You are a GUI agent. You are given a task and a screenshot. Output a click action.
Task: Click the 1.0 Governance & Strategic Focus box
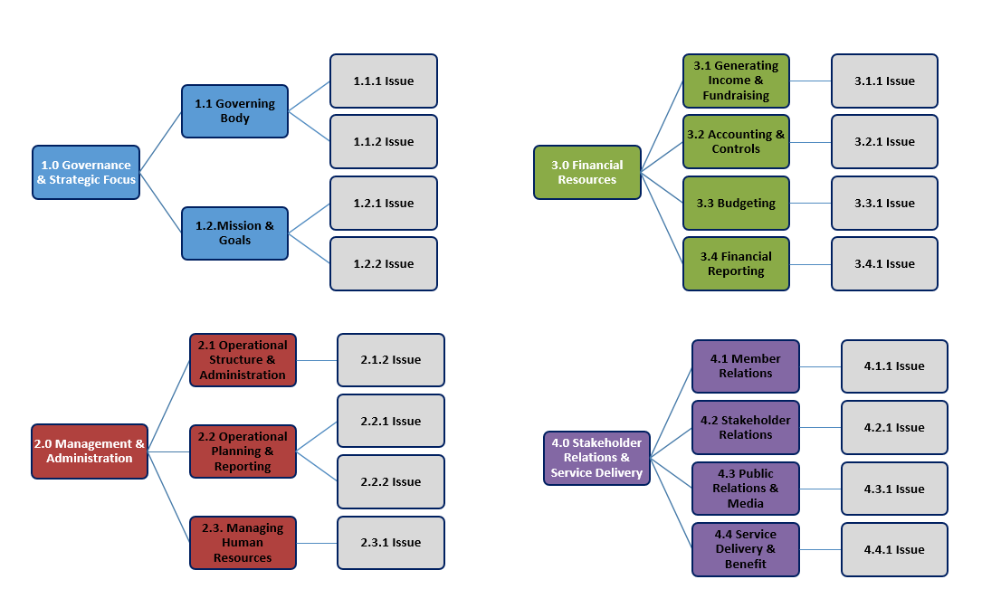pyautogui.click(x=86, y=172)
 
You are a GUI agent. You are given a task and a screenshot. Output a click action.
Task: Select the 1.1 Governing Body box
pyautogui.click(x=234, y=111)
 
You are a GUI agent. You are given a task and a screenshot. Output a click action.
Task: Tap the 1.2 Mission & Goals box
pyautogui.click(x=234, y=233)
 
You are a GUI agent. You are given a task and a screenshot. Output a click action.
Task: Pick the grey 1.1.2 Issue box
pyautogui.click(x=383, y=141)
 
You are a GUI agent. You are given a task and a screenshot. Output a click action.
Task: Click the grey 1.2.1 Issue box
pyautogui.click(x=383, y=203)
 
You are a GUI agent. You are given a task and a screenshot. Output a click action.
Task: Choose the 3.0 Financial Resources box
pyautogui.click(x=586, y=172)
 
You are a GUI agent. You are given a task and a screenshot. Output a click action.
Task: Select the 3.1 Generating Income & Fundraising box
pyautogui.click(x=736, y=81)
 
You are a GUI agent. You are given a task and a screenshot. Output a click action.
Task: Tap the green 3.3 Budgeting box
pyautogui.click(x=736, y=203)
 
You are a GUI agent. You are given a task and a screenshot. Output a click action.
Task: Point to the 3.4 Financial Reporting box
pyautogui.click(x=736, y=263)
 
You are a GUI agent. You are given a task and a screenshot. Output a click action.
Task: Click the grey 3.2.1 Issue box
pyautogui.click(x=884, y=141)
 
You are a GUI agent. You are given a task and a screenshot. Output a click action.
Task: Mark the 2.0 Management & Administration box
pyautogui.click(x=90, y=451)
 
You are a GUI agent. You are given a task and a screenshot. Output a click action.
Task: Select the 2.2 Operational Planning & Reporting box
pyautogui.click(x=243, y=451)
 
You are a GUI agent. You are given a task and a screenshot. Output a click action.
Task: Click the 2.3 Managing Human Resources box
pyautogui.click(x=243, y=542)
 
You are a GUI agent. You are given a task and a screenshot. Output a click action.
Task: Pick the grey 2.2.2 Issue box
pyautogui.click(x=390, y=481)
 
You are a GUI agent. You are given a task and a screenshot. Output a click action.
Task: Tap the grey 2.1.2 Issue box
pyautogui.click(x=390, y=359)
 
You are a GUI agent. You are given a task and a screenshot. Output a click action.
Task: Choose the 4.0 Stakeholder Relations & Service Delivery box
pyautogui.click(x=596, y=458)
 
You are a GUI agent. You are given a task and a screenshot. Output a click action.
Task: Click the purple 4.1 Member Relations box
pyautogui.click(x=746, y=366)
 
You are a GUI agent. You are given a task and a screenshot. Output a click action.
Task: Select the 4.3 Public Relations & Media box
pyautogui.click(x=746, y=489)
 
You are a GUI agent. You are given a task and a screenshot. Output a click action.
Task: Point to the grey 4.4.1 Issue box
pyautogui.click(x=894, y=549)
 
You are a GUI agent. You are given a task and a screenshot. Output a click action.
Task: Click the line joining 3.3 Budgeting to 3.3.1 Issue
pyautogui.click(x=810, y=204)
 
